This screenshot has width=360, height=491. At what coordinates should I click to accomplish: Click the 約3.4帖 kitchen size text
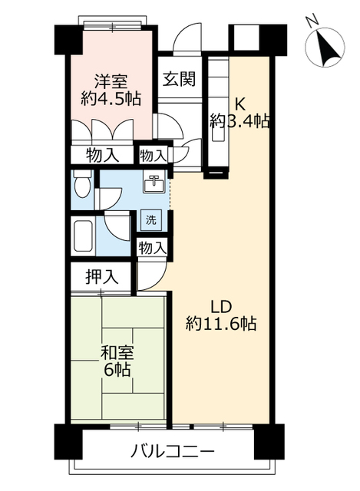[240, 122]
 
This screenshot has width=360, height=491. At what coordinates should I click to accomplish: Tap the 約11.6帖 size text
[221, 324]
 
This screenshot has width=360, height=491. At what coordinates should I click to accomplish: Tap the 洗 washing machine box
[152, 219]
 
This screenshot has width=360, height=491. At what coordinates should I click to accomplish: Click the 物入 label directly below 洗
[152, 247]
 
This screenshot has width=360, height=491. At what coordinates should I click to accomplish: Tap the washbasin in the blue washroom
[154, 184]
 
